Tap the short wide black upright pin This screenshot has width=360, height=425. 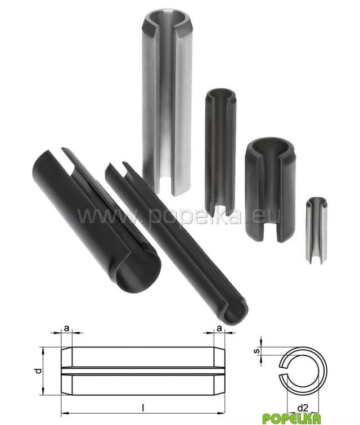269,190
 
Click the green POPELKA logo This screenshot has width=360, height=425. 291,418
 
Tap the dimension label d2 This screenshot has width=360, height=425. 303,408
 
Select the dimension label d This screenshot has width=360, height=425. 39,370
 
